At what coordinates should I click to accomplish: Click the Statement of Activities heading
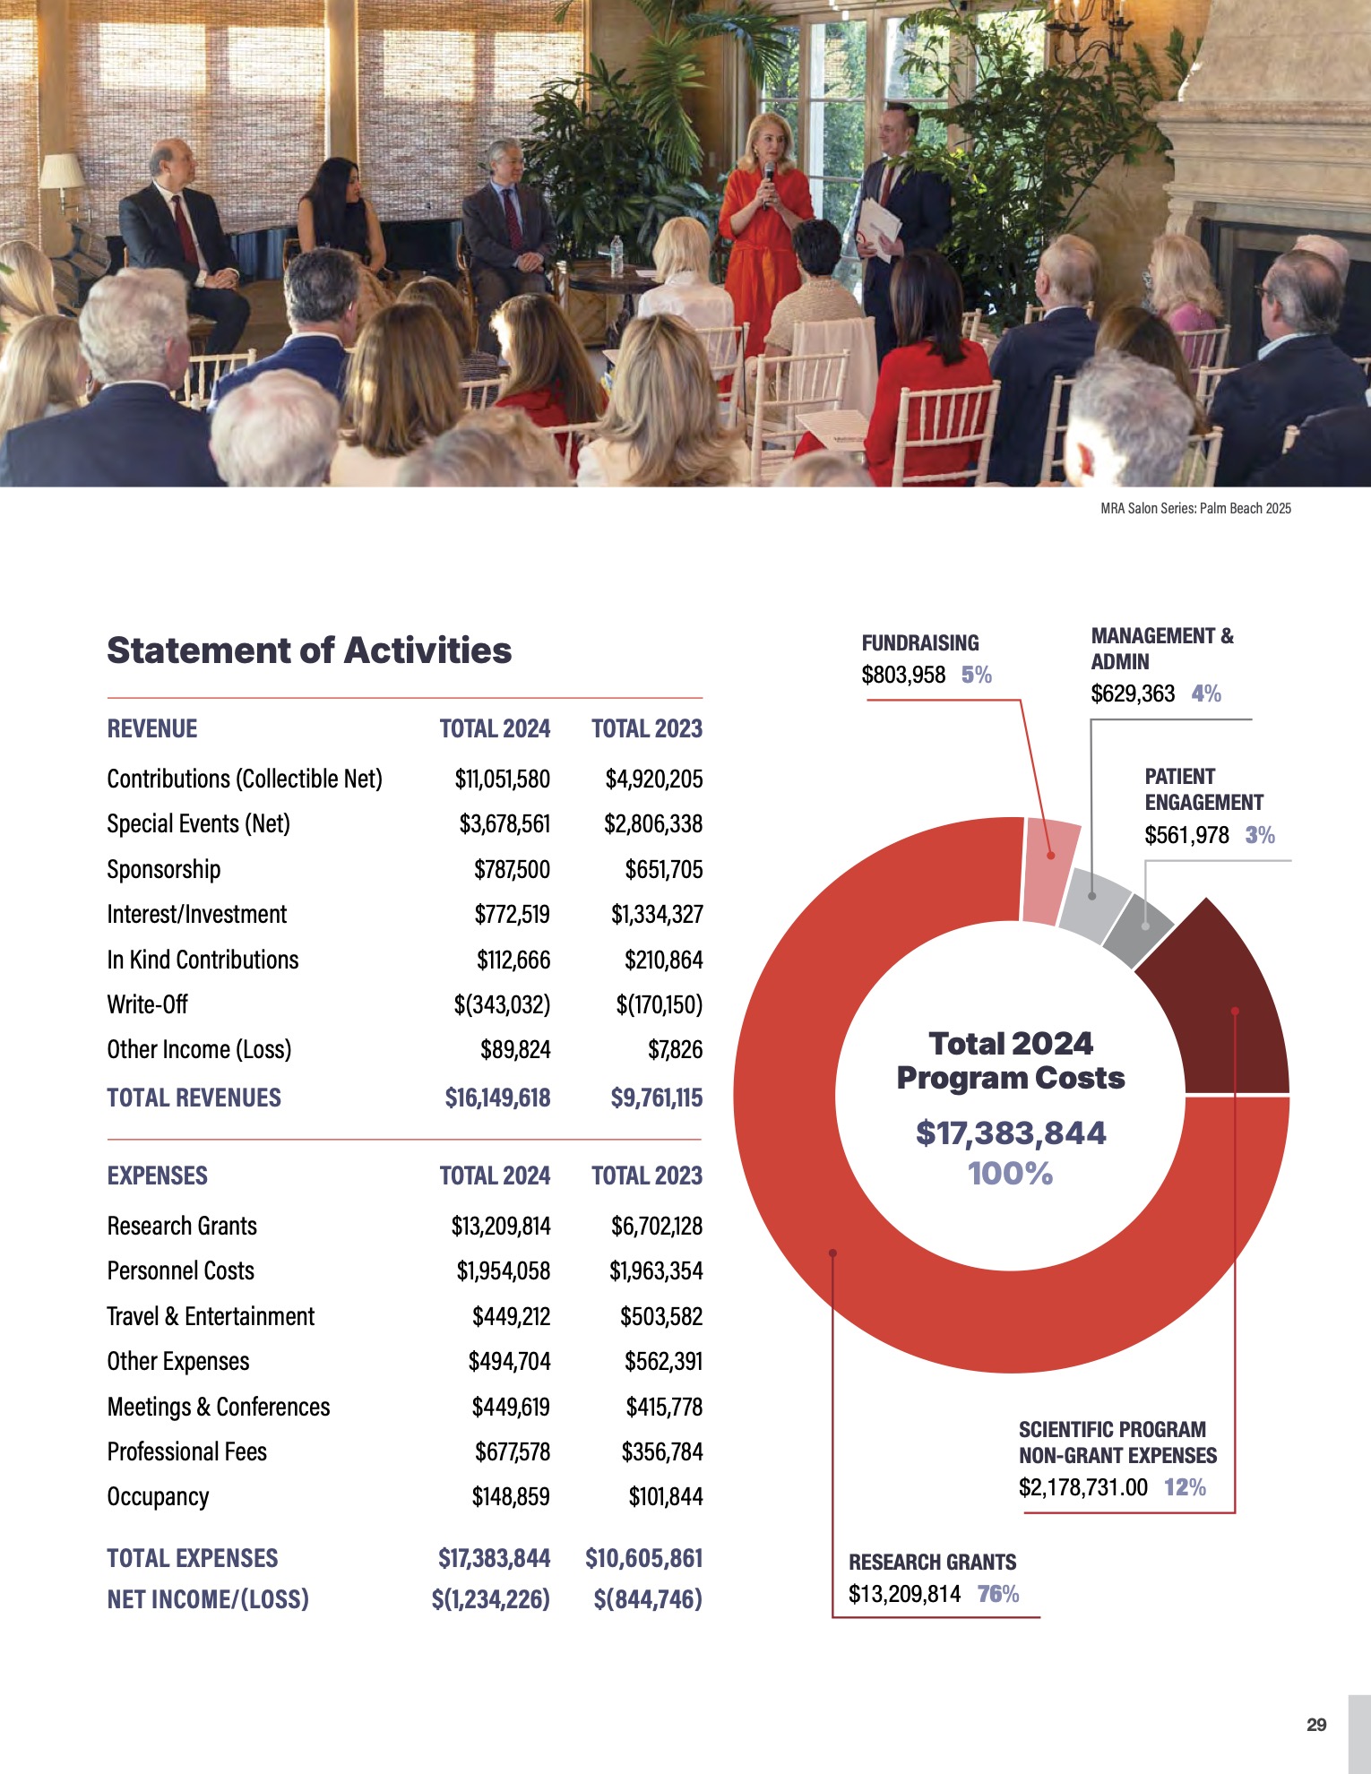click(309, 650)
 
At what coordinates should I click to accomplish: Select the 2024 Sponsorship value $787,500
click(512, 869)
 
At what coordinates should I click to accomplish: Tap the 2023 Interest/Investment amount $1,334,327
click(657, 914)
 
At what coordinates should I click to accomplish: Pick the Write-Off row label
click(147, 1004)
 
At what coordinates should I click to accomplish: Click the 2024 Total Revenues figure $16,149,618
click(497, 1098)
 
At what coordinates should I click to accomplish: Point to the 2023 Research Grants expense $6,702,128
click(657, 1226)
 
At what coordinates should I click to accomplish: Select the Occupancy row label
click(158, 1496)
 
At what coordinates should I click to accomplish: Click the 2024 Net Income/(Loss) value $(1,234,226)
click(490, 1599)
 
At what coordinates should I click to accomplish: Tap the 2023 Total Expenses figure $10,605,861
click(643, 1558)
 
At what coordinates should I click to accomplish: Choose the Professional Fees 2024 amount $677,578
click(512, 1451)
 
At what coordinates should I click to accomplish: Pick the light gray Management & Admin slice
click(1093, 905)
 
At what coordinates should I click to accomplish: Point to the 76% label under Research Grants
click(998, 1594)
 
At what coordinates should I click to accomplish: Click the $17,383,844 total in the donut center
click(1011, 1133)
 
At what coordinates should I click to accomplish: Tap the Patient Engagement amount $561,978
click(1186, 835)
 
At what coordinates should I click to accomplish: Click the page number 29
click(1316, 1725)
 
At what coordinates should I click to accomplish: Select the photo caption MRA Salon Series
click(1195, 508)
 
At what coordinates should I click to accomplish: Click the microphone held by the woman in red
click(769, 172)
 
